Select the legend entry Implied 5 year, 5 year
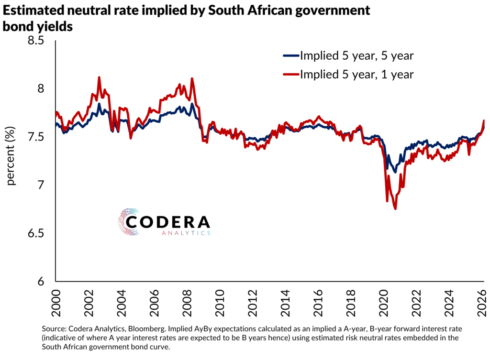(356, 56)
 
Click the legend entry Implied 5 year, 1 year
(356, 74)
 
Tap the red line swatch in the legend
(291, 74)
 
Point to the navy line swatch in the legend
(291, 56)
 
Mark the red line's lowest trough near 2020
(395, 208)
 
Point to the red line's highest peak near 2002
(99, 77)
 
